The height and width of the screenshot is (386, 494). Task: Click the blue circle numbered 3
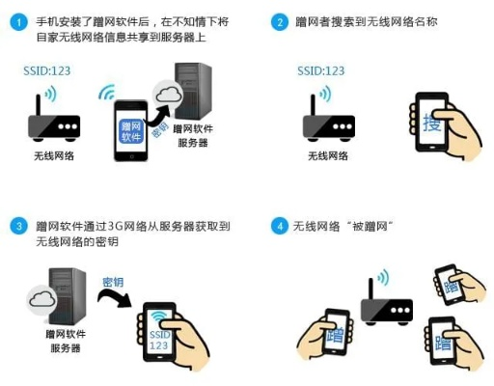click(18, 227)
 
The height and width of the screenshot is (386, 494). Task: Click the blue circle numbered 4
click(281, 227)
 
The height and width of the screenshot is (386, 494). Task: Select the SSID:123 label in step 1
click(49, 71)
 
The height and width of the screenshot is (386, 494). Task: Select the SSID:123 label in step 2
click(321, 71)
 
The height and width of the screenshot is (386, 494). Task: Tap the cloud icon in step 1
click(170, 95)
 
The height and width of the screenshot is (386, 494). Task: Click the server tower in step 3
click(68, 294)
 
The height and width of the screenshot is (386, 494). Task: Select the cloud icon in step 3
click(42, 299)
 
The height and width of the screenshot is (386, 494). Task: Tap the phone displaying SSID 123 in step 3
click(160, 332)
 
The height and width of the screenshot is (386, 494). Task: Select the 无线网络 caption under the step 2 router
click(327, 155)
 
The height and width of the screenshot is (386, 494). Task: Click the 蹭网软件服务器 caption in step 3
click(65, 341)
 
